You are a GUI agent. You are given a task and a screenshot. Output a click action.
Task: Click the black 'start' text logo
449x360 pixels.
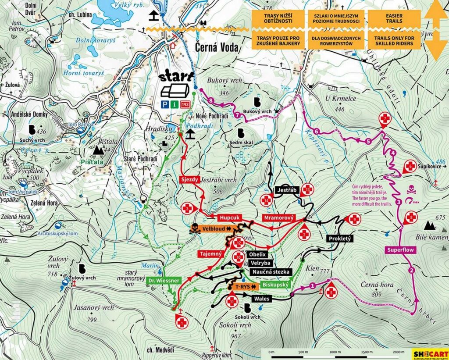point(176,78)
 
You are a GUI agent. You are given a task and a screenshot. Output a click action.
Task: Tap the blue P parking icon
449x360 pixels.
point(165,104)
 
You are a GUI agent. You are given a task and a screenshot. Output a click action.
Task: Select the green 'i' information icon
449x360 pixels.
point(175,104)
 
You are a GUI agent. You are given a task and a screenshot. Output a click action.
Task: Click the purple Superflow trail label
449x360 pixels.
point(400,250)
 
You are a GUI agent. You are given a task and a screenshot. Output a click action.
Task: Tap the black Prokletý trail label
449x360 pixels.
point(340,239)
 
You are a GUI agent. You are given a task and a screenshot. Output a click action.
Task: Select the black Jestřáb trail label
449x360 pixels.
point(287,190)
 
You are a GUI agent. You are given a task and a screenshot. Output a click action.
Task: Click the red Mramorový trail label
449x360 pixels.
point(279,218)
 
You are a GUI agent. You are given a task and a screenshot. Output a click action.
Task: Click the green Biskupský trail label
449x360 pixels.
point(274,285)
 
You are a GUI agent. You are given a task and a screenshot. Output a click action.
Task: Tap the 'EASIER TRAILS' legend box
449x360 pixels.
point(394,19)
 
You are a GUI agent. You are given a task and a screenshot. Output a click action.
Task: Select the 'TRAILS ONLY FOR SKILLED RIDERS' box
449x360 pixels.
point(394,41)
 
